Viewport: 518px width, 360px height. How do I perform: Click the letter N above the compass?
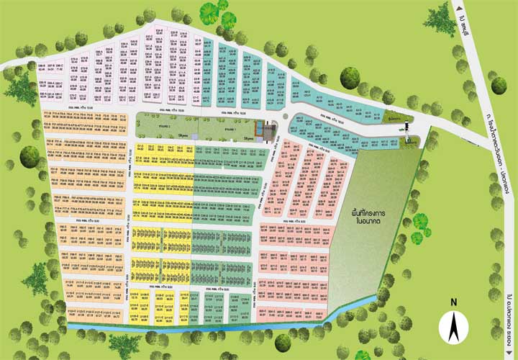(453, 302)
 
